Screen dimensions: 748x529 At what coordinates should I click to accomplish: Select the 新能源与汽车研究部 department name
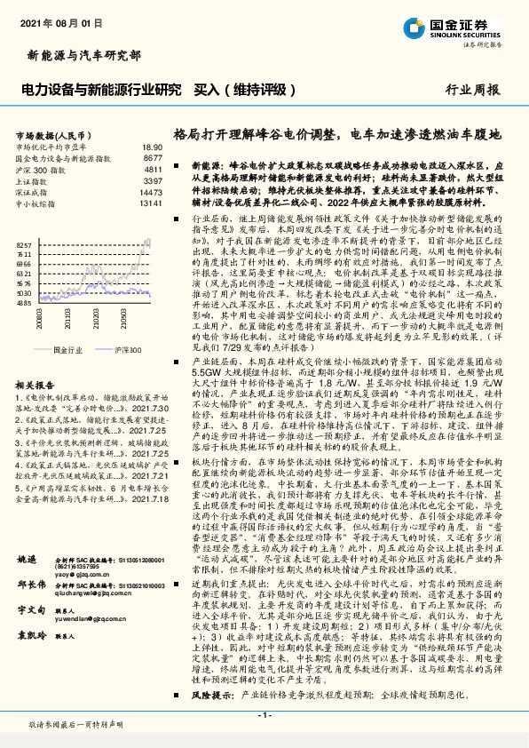(x=80, y=55)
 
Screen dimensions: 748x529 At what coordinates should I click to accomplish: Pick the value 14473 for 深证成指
(x=150, y=190)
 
